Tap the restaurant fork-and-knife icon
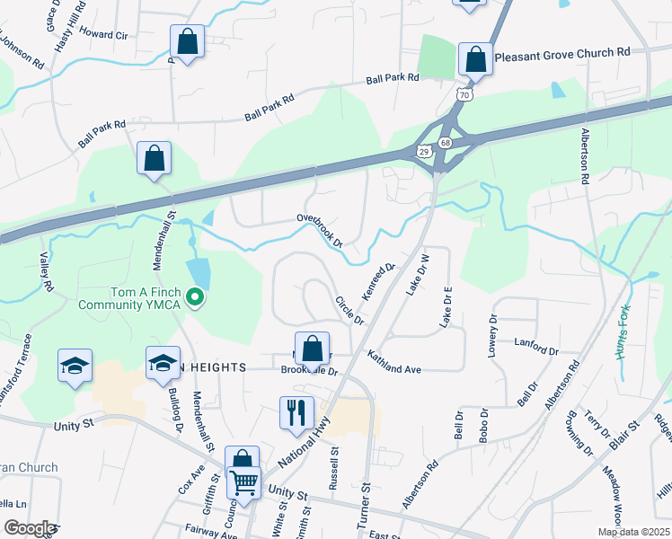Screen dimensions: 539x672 296,413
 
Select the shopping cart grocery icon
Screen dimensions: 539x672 244,482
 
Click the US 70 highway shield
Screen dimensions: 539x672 464,93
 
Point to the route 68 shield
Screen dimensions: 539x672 447,143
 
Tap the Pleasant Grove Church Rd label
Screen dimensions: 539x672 562,53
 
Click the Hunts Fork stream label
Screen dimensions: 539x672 622,332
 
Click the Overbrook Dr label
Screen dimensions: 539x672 320,231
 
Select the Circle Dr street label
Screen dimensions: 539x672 349,311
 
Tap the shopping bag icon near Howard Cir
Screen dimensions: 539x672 187,41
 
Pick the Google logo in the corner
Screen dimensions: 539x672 30,528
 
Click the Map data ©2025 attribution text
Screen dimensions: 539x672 632,532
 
